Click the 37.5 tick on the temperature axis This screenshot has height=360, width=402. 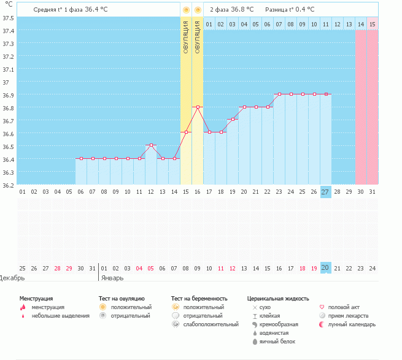(8, 18)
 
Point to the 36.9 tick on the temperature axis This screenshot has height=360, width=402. (8, 95)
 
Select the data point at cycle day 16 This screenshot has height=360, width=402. (198, 107)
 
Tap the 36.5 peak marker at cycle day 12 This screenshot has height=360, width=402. (151, 145)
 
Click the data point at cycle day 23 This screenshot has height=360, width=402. (279, 94)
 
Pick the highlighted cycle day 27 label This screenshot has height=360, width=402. (325, 192)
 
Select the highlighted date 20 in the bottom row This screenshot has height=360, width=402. (325, 268)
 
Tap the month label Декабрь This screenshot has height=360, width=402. (12, 278)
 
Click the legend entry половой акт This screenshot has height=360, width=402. (344, 307)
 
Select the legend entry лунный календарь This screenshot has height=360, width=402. (351, 324)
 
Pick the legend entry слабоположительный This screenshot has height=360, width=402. (211, 324)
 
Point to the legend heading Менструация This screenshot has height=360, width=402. (36, 298)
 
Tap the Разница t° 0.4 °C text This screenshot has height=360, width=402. (290, 10)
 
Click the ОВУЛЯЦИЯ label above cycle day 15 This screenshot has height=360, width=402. (186, 36)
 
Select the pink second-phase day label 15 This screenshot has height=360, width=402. (372, 24)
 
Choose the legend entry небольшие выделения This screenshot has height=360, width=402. (60, 316)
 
